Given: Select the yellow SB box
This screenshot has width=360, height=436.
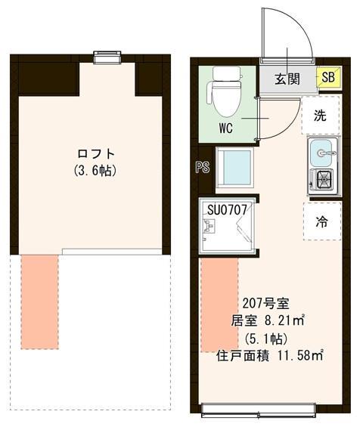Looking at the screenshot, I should [x=329, y=78].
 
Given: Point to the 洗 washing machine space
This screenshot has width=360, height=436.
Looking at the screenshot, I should [x=321, y=116].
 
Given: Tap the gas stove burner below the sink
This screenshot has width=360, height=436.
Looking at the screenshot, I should [x=324, y=180].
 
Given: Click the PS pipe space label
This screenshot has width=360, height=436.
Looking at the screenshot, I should [x=202, y=168].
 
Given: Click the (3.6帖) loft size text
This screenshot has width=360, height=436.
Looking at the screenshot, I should [x=95, y=170].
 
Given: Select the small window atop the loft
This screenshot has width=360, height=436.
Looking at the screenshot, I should [x=107, y=55].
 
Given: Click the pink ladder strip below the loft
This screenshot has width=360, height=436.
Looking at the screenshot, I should [x=39, y=301].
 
